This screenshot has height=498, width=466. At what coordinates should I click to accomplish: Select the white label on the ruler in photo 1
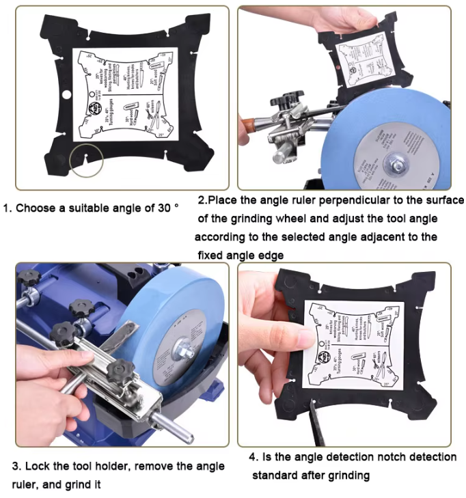coord(124,94)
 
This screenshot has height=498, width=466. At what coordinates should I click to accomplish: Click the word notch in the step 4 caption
coord(400,457)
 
